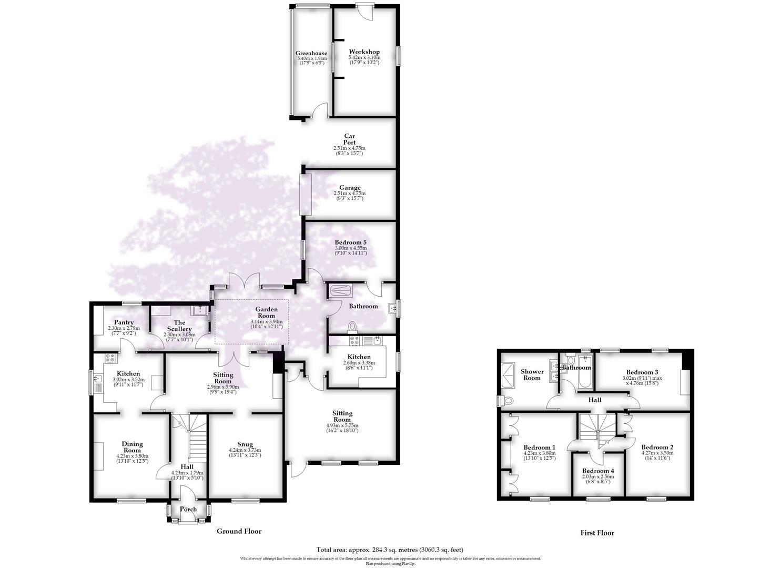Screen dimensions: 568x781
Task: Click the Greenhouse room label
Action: click(311, 53)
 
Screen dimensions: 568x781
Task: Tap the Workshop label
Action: click(364, 52)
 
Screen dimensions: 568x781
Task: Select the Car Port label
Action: click(349, 139)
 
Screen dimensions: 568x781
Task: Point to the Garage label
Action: click(350, 188)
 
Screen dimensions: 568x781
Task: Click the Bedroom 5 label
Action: click(350, 242)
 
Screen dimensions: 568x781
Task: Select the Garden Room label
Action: click(267, 310)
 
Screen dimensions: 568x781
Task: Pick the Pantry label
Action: click(124, 322)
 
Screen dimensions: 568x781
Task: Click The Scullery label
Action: click(179, 326)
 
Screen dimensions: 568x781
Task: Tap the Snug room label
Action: click(245, 444)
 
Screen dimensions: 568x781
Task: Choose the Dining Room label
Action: click(132, 447)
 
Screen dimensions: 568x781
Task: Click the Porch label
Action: click(188, 509)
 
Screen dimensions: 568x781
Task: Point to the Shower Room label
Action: click(532, 374)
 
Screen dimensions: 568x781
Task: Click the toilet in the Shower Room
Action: click(506, 401)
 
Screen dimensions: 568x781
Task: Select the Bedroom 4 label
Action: click(598, 471)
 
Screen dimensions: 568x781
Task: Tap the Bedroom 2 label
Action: click(657, 447)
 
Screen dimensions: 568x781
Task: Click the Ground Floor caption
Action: click(239, 531)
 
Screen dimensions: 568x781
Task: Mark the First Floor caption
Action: click(597, 533)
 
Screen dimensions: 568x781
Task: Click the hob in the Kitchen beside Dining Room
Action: click(110, 358)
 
